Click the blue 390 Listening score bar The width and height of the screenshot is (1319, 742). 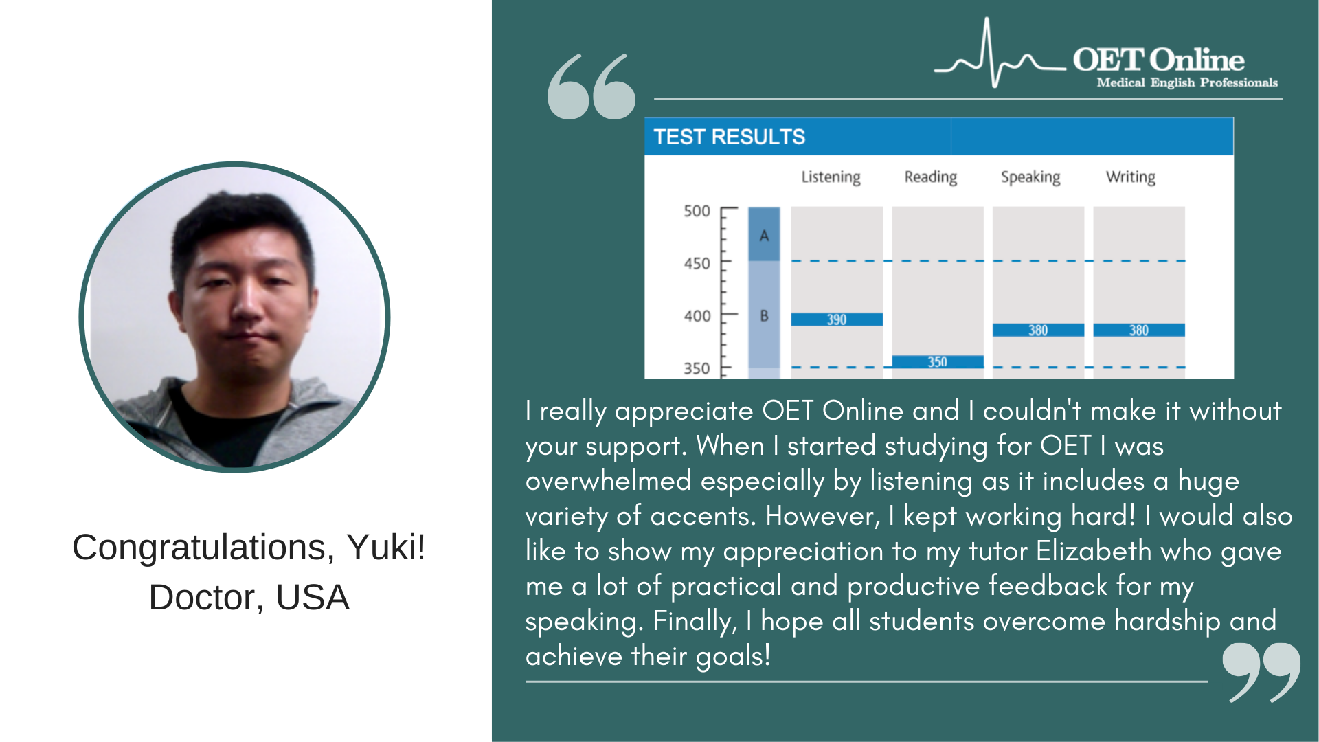[836, 319]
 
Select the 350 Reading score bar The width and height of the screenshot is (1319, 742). [937, 362]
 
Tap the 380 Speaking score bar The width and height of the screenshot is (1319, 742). [1038, 330]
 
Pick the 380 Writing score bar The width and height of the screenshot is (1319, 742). [1139, 330]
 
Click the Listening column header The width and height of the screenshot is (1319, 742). [831, 177]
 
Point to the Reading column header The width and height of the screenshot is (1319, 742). [931, 177]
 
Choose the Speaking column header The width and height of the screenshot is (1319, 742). [1030, 177]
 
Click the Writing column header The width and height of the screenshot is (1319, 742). [1131, 177]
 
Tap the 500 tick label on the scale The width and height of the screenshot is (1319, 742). [697, 212]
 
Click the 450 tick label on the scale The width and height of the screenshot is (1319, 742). [697, 264]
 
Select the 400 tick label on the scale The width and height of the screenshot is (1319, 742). [697, 316]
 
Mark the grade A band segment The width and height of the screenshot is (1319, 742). [764, 234]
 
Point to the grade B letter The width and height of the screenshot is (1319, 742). [764, 316]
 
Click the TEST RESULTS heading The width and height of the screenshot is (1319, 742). [729, 137]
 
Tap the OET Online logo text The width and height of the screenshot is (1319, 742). [1158, 60]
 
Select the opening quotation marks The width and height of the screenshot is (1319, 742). [591, 86]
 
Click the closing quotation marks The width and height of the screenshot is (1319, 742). [1261, 673]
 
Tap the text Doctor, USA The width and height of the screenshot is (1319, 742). [249, 597]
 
